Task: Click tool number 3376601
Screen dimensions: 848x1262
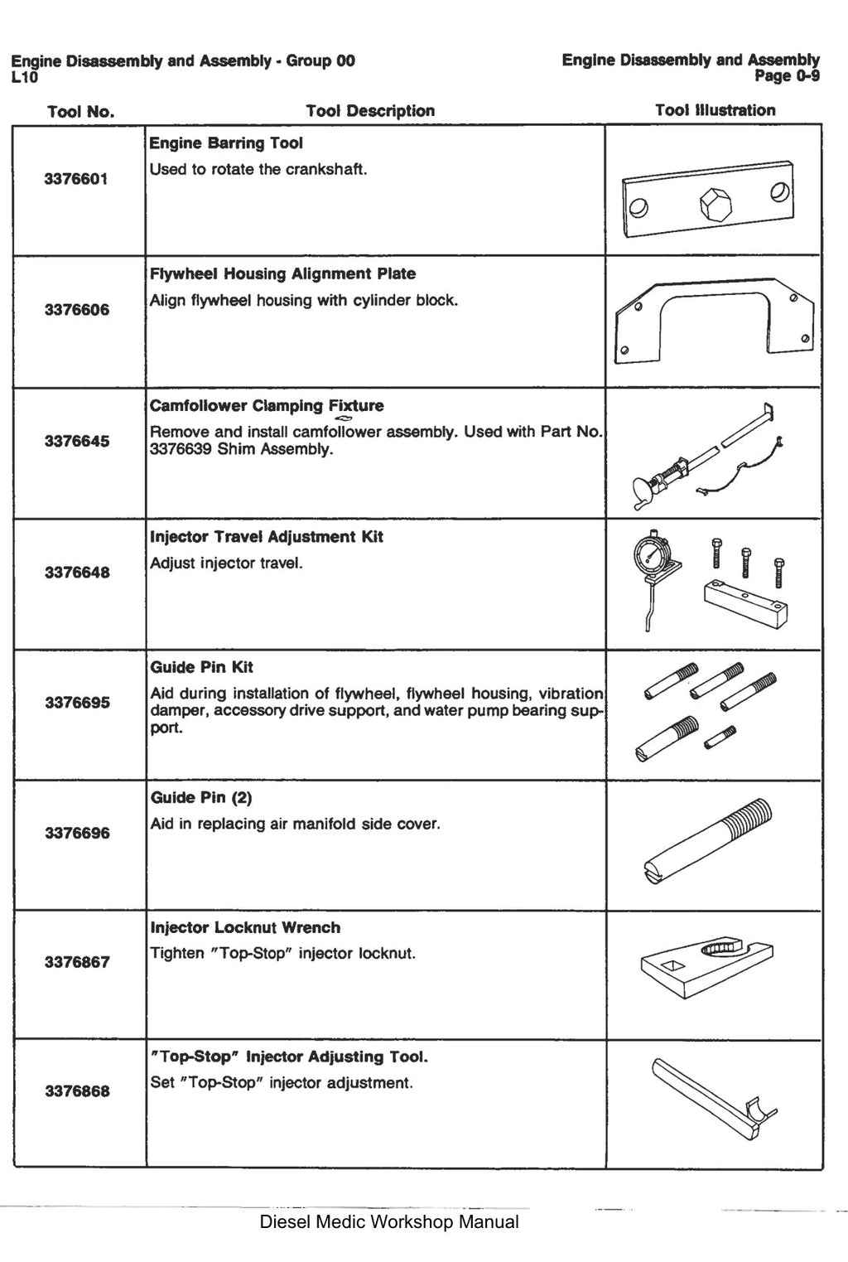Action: [76, 179]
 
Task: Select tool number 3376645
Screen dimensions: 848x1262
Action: [77, 441]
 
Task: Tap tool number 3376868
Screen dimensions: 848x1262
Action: [78, 1091]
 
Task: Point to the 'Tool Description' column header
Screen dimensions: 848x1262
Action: [370, 111]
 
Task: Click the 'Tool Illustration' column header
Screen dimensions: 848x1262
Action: [715, 110]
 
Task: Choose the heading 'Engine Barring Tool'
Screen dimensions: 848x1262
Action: [226, 143]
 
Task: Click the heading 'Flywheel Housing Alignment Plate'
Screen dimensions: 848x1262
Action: [282, 273]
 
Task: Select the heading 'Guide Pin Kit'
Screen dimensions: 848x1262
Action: [201, 667]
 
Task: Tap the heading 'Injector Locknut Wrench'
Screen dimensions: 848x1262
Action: [245, 927]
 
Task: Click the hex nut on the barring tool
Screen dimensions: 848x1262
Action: [715, 203]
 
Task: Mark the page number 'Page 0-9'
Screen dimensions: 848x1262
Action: [787, 75]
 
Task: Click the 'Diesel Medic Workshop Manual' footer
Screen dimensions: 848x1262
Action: [389, 1221]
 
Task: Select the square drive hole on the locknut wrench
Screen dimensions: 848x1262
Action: [672, 966]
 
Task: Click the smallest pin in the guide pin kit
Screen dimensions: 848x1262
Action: [720, 737]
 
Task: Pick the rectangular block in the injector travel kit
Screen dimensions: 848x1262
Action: [745, 603]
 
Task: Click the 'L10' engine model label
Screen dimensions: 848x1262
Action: [24, 76]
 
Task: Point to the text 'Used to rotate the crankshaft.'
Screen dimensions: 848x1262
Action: [258, 169]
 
